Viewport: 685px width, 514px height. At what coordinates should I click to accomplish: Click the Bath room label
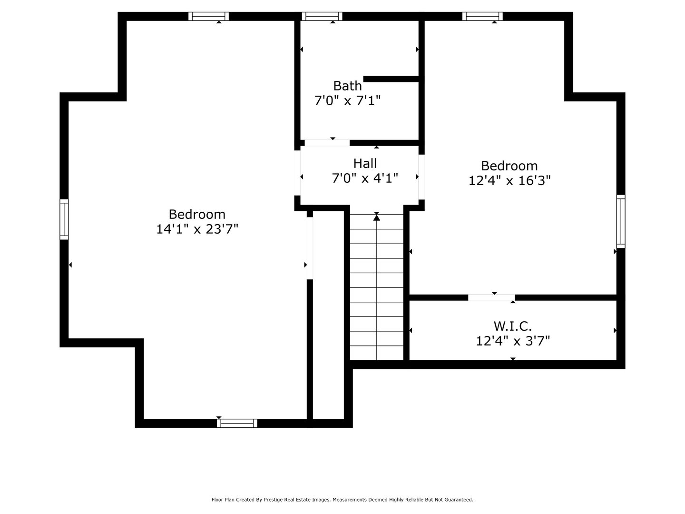pos(347,86)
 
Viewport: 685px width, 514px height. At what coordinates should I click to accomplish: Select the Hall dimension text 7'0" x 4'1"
pos(365,178)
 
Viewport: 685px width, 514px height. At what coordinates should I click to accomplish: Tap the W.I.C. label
pos(512,326)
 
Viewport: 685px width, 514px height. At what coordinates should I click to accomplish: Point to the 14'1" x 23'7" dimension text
pos(197,229)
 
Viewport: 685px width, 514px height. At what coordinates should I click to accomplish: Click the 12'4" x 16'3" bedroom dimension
pos(509,181)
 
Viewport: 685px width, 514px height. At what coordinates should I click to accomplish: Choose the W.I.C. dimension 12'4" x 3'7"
pos(513,341)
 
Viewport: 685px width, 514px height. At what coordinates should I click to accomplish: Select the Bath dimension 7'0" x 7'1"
pos(347,101)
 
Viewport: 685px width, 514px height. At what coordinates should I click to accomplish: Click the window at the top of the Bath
pos(322,16)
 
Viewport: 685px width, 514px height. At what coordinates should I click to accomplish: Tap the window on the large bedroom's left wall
pos(64,219)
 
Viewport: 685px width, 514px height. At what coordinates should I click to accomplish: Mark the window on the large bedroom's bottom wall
pos(237,423)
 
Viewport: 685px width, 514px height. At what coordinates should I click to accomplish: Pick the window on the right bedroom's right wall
pos(621,221)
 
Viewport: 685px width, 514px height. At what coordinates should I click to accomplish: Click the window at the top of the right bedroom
pos(482,16)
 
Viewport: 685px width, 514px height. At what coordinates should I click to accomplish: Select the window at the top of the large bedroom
pos(208,16)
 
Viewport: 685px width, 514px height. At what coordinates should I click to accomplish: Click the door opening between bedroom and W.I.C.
pos(491,297)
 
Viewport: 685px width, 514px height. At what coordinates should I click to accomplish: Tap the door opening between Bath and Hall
pos(327,143)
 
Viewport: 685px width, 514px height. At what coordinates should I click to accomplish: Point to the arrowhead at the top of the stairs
pos(377,217)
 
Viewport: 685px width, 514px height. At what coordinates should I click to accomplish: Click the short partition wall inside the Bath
pos(391,79)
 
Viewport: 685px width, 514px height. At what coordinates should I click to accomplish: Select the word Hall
pos(365,164)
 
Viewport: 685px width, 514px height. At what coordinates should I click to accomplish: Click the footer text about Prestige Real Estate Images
pos(342,500)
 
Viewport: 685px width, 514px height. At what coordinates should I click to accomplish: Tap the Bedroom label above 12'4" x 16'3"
pos(509,166)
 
